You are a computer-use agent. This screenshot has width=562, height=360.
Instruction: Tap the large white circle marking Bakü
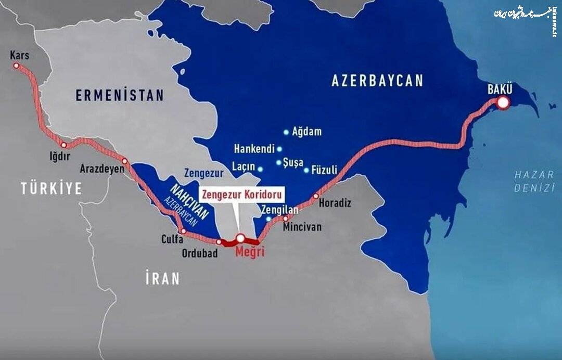click(x=503, y=103)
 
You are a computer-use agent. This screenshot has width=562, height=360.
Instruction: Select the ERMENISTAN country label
click(x=120, y=96)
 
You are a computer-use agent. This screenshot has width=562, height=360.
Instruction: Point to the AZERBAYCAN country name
click(x=377, y=81)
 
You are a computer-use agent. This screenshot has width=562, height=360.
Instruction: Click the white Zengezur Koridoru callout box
click(x=242, y=195)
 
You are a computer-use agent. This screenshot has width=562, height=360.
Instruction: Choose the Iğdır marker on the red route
click(x=64, y=145)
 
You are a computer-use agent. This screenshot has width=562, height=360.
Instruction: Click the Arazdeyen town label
click(x=103, y=169)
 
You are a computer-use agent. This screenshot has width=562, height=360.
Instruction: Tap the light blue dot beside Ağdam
click(x=286, y=132)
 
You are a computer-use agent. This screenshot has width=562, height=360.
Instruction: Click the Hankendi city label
click(x=254, y=149)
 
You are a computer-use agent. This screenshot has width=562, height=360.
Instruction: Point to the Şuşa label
click(x=293, y=163)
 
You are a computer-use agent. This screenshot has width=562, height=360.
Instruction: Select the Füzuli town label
click(x=324, y=170)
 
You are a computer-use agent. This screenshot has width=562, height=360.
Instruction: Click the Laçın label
click(x=244, y=167)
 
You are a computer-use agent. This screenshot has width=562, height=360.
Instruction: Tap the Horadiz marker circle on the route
click(x=316, y=196)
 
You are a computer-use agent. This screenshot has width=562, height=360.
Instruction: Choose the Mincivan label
click(x=302, y=227)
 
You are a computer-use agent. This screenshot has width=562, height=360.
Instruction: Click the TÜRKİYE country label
click(x=52, y=188)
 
